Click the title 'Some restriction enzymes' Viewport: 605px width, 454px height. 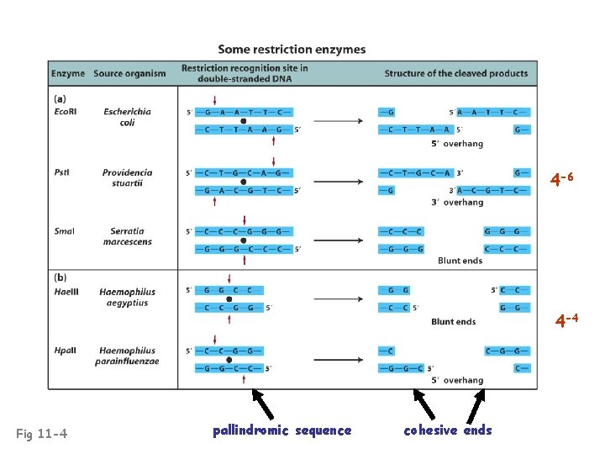click(292, 50)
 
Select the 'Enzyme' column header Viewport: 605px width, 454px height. click(68, 73)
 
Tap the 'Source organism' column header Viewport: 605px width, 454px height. click(129, 73)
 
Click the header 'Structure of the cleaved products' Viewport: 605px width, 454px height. click(456, 73)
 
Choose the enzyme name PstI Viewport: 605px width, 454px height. click(61, 172)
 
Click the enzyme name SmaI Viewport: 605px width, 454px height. click(63, 231)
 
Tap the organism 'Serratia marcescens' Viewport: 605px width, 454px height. click(127, 236)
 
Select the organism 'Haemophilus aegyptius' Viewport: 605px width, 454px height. click(127, 297)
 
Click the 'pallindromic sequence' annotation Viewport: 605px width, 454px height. click(281, 430)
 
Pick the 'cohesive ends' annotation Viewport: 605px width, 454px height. click(447, 430)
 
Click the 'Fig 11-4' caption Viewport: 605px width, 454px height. click(42, 434)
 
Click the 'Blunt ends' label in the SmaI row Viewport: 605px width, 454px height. click(460, 261)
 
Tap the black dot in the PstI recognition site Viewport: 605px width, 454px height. click(243, 182)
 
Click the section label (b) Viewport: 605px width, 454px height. click(60, 277)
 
